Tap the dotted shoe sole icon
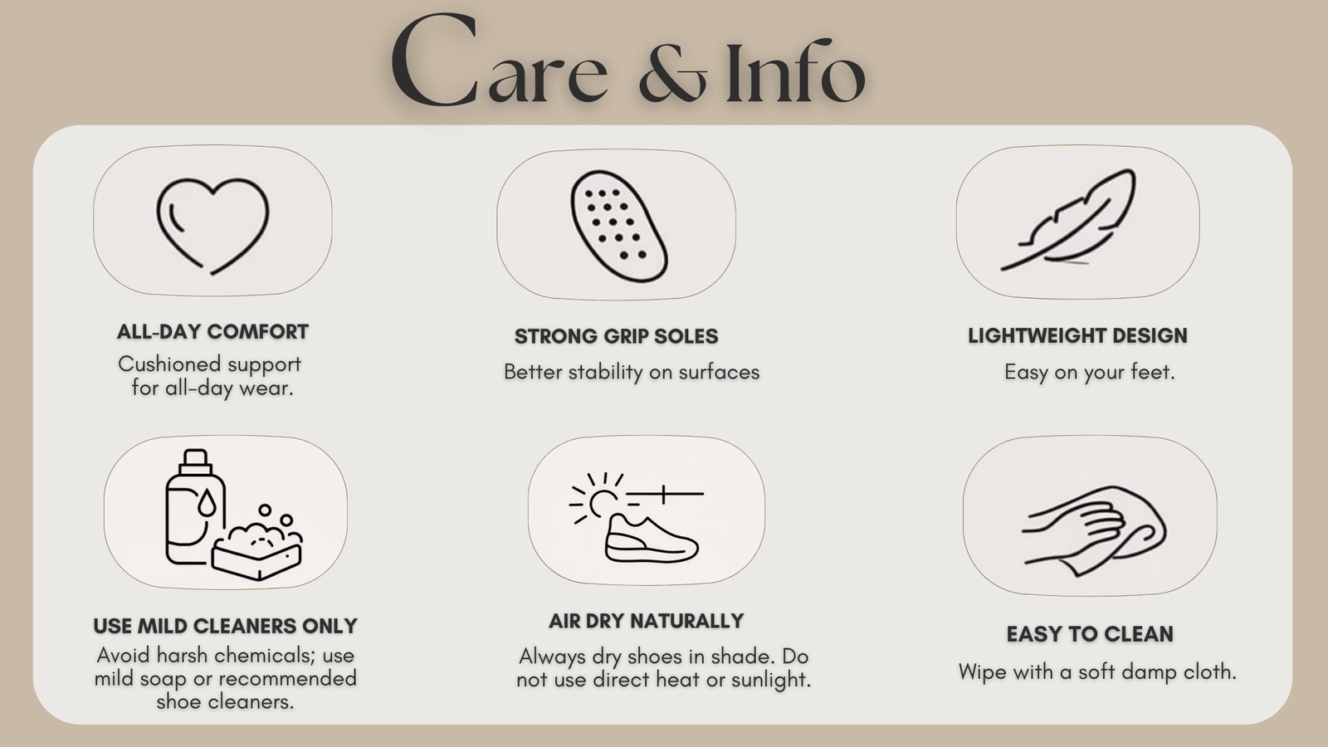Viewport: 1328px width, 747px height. point(618,227)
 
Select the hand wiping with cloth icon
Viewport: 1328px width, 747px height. point(1093,530)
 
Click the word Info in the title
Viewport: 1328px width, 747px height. point(795,71)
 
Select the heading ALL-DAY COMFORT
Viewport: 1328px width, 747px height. point(212,332)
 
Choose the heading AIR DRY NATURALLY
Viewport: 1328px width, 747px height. point(647,621)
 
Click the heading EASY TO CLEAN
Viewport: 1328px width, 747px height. point(1090,634)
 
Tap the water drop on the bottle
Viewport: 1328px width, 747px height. point(207,502)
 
